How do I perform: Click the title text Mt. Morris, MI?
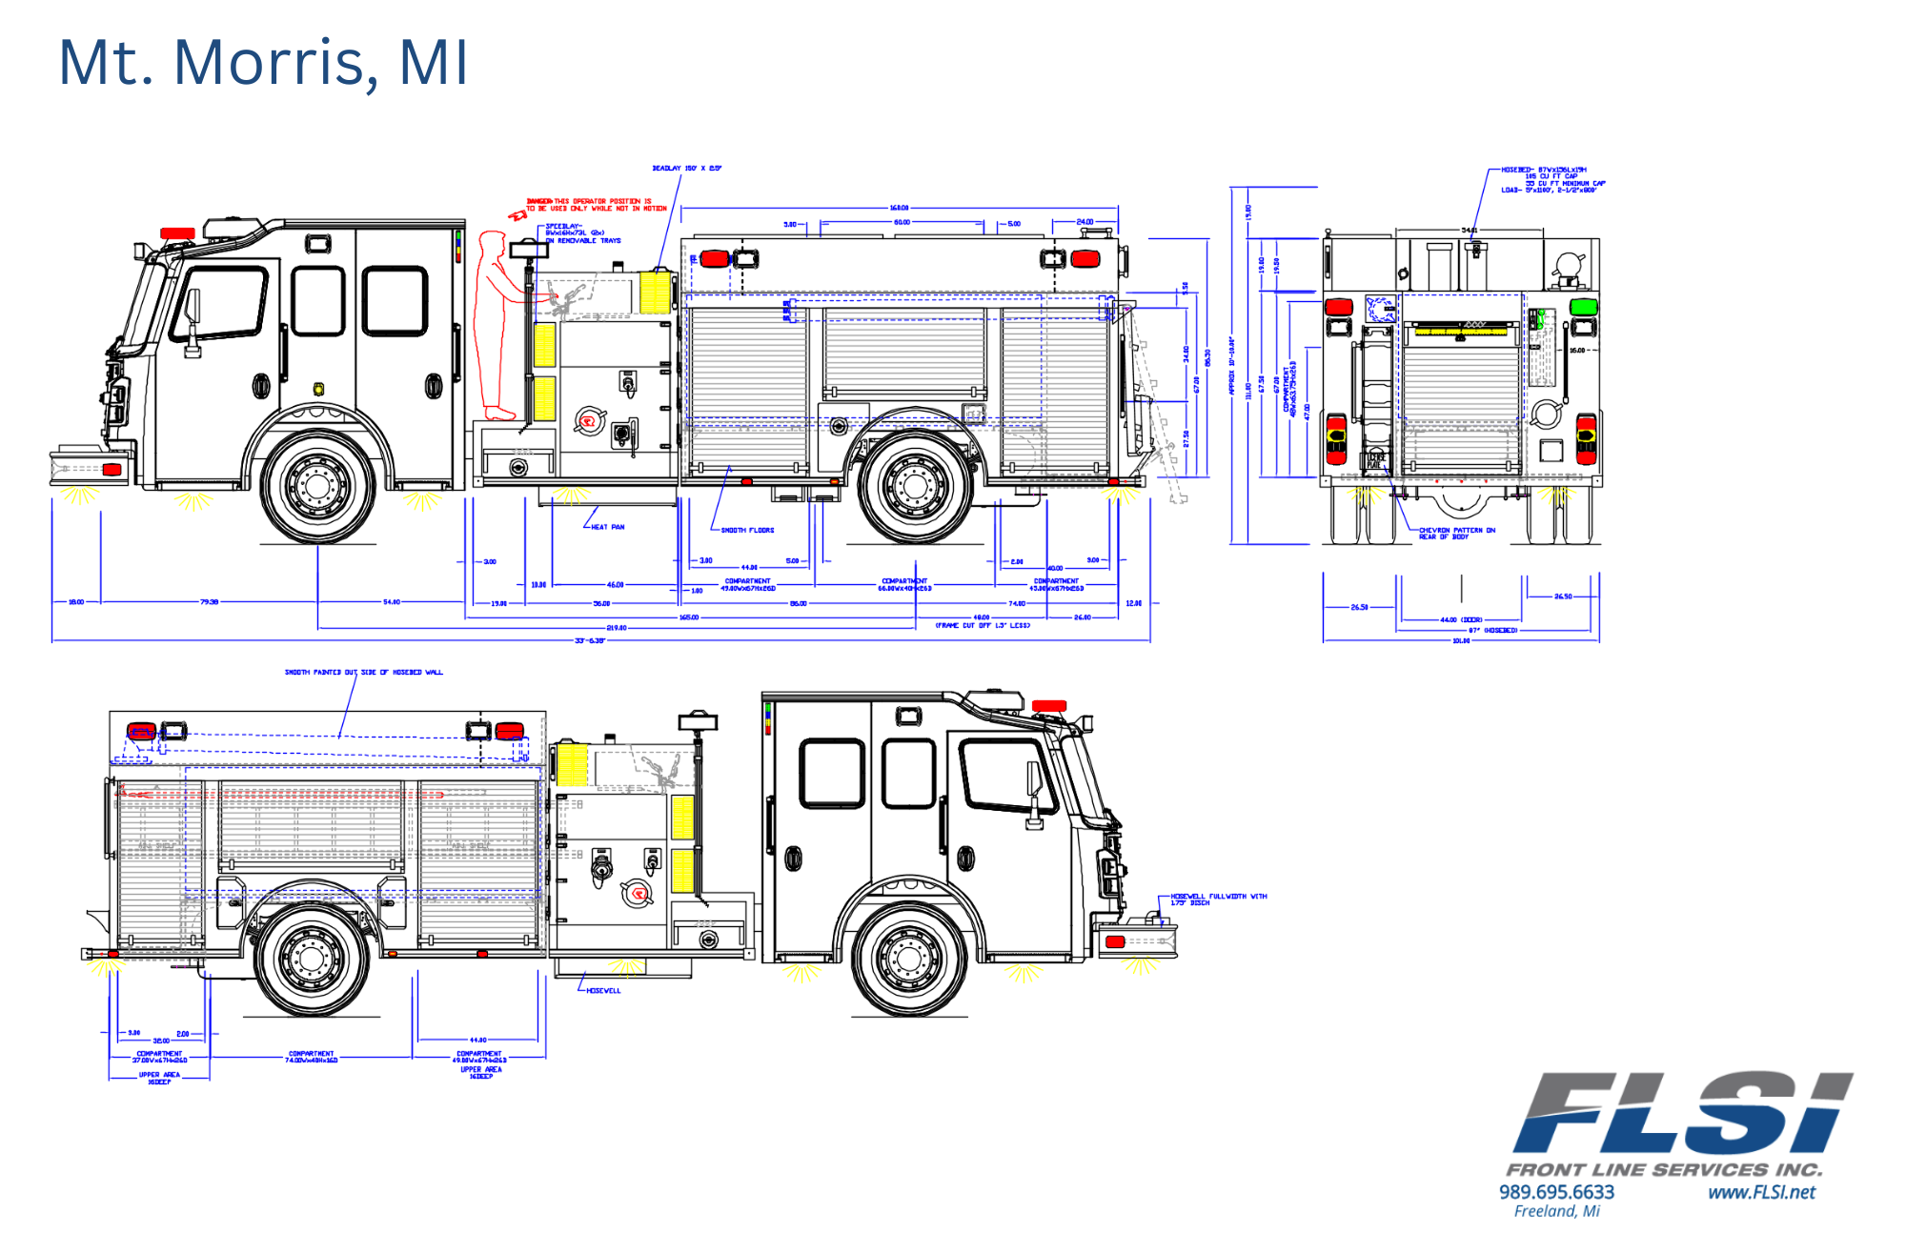click(x=263, y=63)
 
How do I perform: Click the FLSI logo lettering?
click(x=1681, y=1113)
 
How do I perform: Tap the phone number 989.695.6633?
click(x=1556, y=1192)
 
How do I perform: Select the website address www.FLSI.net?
click(x=1761, y=1192)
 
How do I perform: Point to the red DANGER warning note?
click(x=597, y=205)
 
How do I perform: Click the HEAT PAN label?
click(x=607, y=527)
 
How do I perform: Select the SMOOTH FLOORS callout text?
click(x=747, y=530)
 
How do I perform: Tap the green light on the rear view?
click(x=1584, y=307)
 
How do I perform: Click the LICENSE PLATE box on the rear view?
click(x=1376, y=461)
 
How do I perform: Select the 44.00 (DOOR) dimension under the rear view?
click(x=1460, y=619)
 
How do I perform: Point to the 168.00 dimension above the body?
click(x=899, y=208)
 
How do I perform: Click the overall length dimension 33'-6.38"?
click(x=589, y=640)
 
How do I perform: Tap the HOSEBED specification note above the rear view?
click(x=1552, y=180)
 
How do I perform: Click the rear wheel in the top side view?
click(x=915, y=486)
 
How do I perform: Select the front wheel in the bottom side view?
click(x=908, y=958)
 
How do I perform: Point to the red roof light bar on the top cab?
click(x=177, y=233)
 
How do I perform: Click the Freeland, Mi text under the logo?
click(x=1556, y=1211)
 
